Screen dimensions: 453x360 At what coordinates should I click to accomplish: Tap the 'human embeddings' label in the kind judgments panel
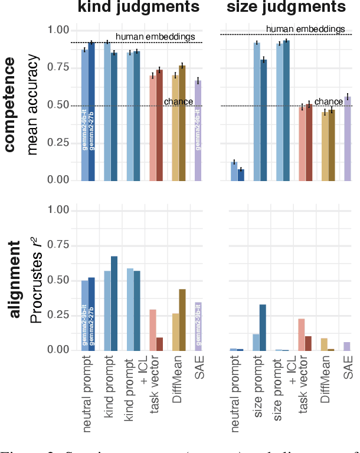click(x=155, y=37)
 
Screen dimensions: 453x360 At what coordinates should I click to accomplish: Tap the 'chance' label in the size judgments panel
click(x=328, y=101)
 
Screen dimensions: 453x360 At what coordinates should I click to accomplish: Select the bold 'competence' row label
click(x=10, y=105)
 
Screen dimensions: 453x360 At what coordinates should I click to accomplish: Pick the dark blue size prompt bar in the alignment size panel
click(x=263, y=327)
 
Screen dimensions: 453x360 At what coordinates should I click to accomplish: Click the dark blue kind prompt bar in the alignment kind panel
click(x=114, y=303)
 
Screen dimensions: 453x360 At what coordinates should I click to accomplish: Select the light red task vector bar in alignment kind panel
click(x=153, y=330)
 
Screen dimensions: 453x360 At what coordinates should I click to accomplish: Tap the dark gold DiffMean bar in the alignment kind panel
click(x=182, y=319)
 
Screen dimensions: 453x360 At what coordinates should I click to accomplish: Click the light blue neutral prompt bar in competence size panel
click(x=234, y=170)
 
